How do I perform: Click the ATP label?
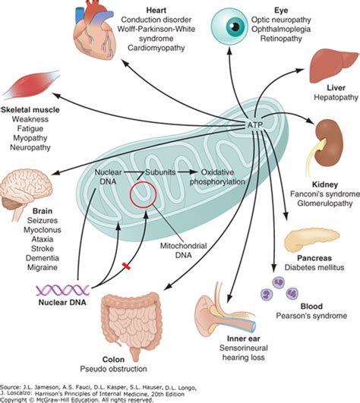tap(256, 124)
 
